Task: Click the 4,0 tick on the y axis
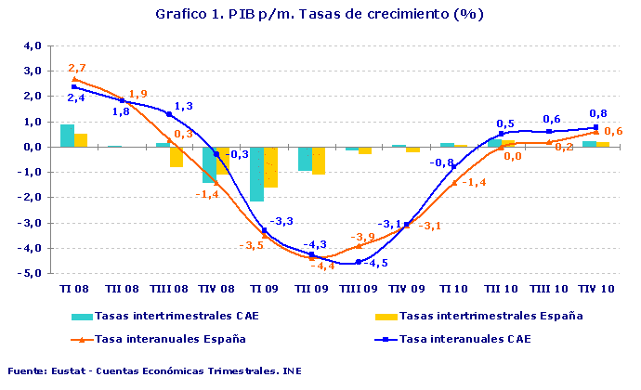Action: tap(32, 45)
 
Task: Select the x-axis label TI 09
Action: tap(263, 289)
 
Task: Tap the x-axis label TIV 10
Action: tap(595, 289)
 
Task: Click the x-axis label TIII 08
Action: tap(168, 289)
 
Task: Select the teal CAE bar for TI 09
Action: tap(256, 174)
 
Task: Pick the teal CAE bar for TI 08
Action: tap(67, 136)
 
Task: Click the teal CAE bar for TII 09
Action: tap(304, 159)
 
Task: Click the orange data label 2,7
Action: tap(77, 68)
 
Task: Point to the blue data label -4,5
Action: tap(374, 264)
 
